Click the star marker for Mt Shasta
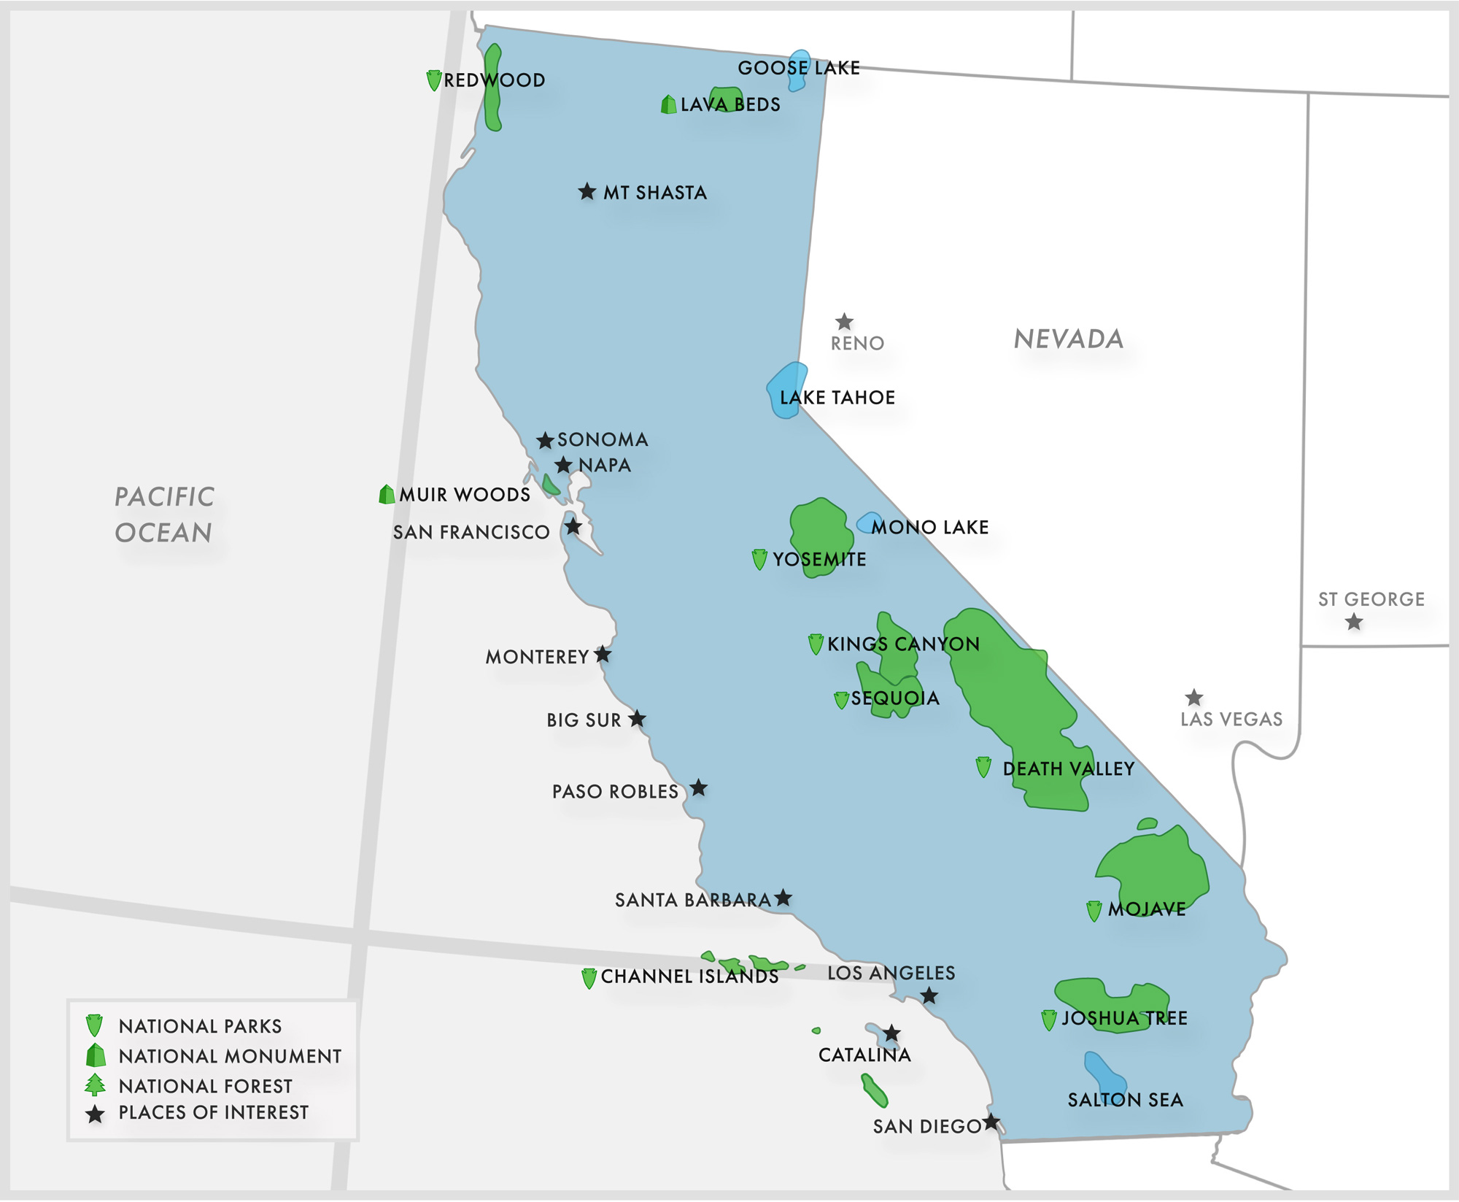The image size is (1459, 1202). [x=587, y=192]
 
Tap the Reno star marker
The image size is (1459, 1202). [x=844, y=322]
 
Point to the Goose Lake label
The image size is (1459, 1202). [x=799, y=68]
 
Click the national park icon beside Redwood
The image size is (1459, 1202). [x=433, y=80]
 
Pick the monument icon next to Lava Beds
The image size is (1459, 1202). [x=668, y=105]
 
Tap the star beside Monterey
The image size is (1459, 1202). [x=603, y=655]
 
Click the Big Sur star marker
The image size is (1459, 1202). [x=637, y=719]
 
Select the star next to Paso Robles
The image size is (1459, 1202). [x=698, y=788]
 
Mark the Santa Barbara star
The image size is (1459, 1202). [x=783, y=898]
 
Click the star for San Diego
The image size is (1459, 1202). [x=991, y=1122]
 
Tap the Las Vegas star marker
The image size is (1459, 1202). [x=1193, y=698]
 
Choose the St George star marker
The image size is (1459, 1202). [x=1354, y=623]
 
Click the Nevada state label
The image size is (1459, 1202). [x=1069, y=339]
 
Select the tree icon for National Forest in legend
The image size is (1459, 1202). [x=95, y=1085]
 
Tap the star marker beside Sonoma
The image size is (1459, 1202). [x=545, y=441]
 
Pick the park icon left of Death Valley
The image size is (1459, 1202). [x=983, y=767]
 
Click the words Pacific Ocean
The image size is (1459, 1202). [x=164, y=515]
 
